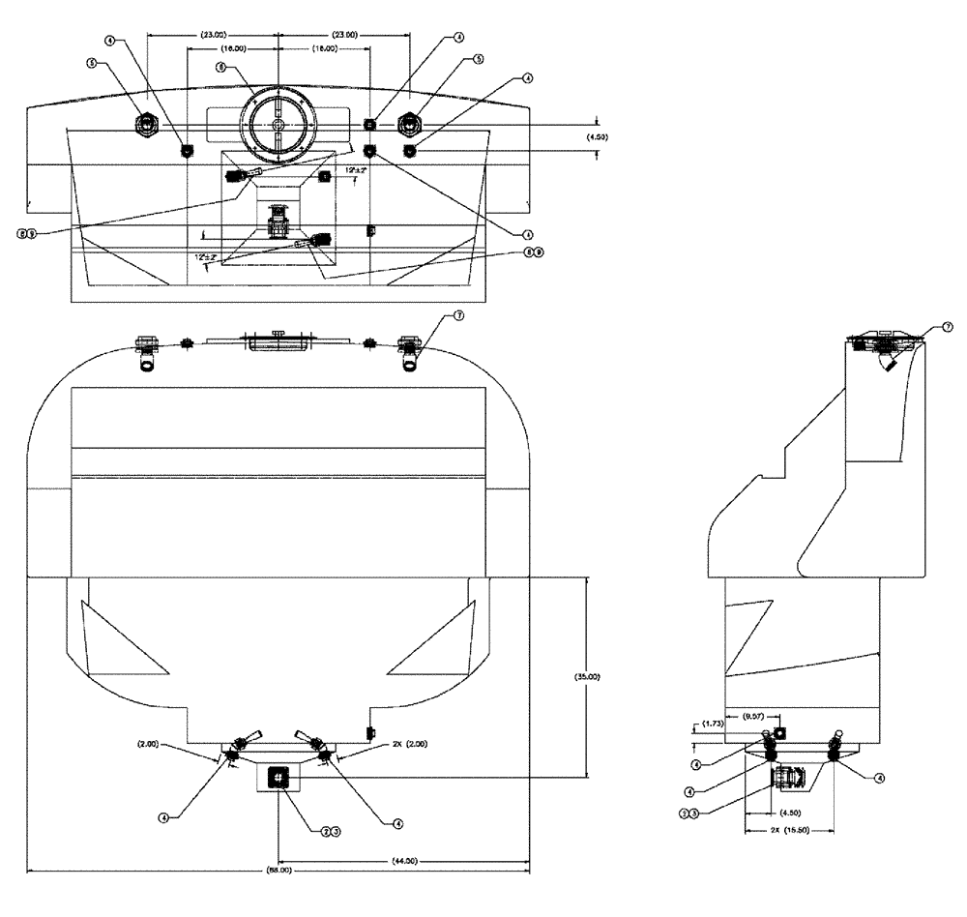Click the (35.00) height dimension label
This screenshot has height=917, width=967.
click(587, 677)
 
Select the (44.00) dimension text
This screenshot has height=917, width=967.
click(404, 860)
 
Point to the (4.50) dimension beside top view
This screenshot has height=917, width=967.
click(601, 138)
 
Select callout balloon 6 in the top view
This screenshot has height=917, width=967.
click(220, 69)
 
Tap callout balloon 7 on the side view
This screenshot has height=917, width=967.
click(947, 328)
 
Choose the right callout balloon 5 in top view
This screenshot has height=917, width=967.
click(478, 59)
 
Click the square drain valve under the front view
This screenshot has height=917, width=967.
click(278, 775)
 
